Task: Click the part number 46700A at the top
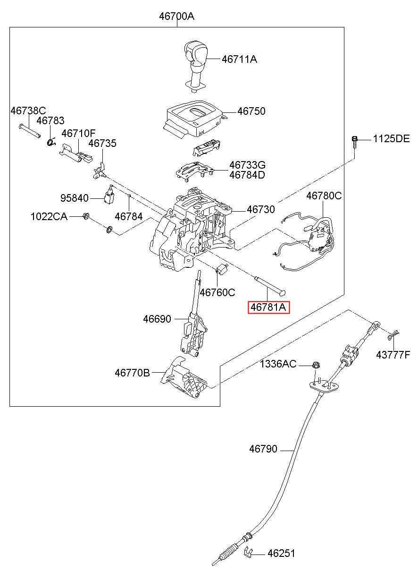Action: tap(176, 17)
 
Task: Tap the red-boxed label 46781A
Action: tap(268, 307)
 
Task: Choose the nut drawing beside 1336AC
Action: tap(316, 365)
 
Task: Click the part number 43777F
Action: tap(393, 355)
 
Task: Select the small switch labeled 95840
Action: tap(109, 195)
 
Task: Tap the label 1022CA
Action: tap(49, 216)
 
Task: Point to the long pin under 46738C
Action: tap(29, 130)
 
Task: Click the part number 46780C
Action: tap(324, 196)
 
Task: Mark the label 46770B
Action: tap(132, 373)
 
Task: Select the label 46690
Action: tap(157, 319)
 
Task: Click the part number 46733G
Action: tap(247, 165)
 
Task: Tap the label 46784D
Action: tap(247, 175)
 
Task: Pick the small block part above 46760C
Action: tap(221, 269)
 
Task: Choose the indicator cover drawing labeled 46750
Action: tap(194, 119)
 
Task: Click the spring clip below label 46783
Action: tap(51, 143)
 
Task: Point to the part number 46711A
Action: tap(239, 59)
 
